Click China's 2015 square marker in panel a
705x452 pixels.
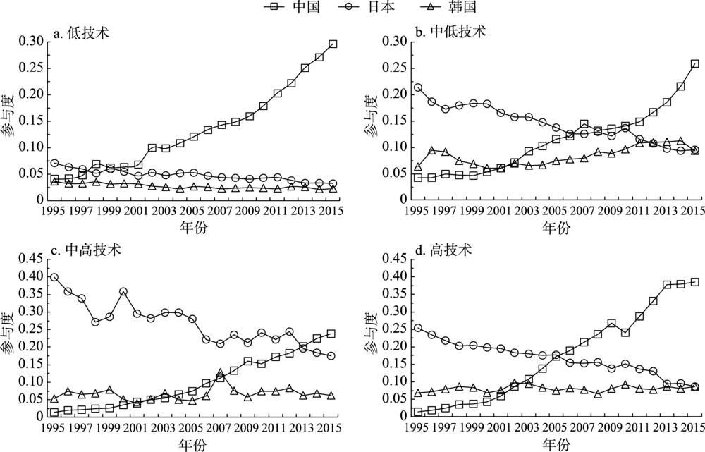333,44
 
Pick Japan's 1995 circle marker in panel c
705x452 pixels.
54,277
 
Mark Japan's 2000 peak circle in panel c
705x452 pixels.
123,291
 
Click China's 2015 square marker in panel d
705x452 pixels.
695,282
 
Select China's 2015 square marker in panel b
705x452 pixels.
695,64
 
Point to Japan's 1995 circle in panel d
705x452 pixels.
418,328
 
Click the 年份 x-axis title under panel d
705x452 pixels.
556,443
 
